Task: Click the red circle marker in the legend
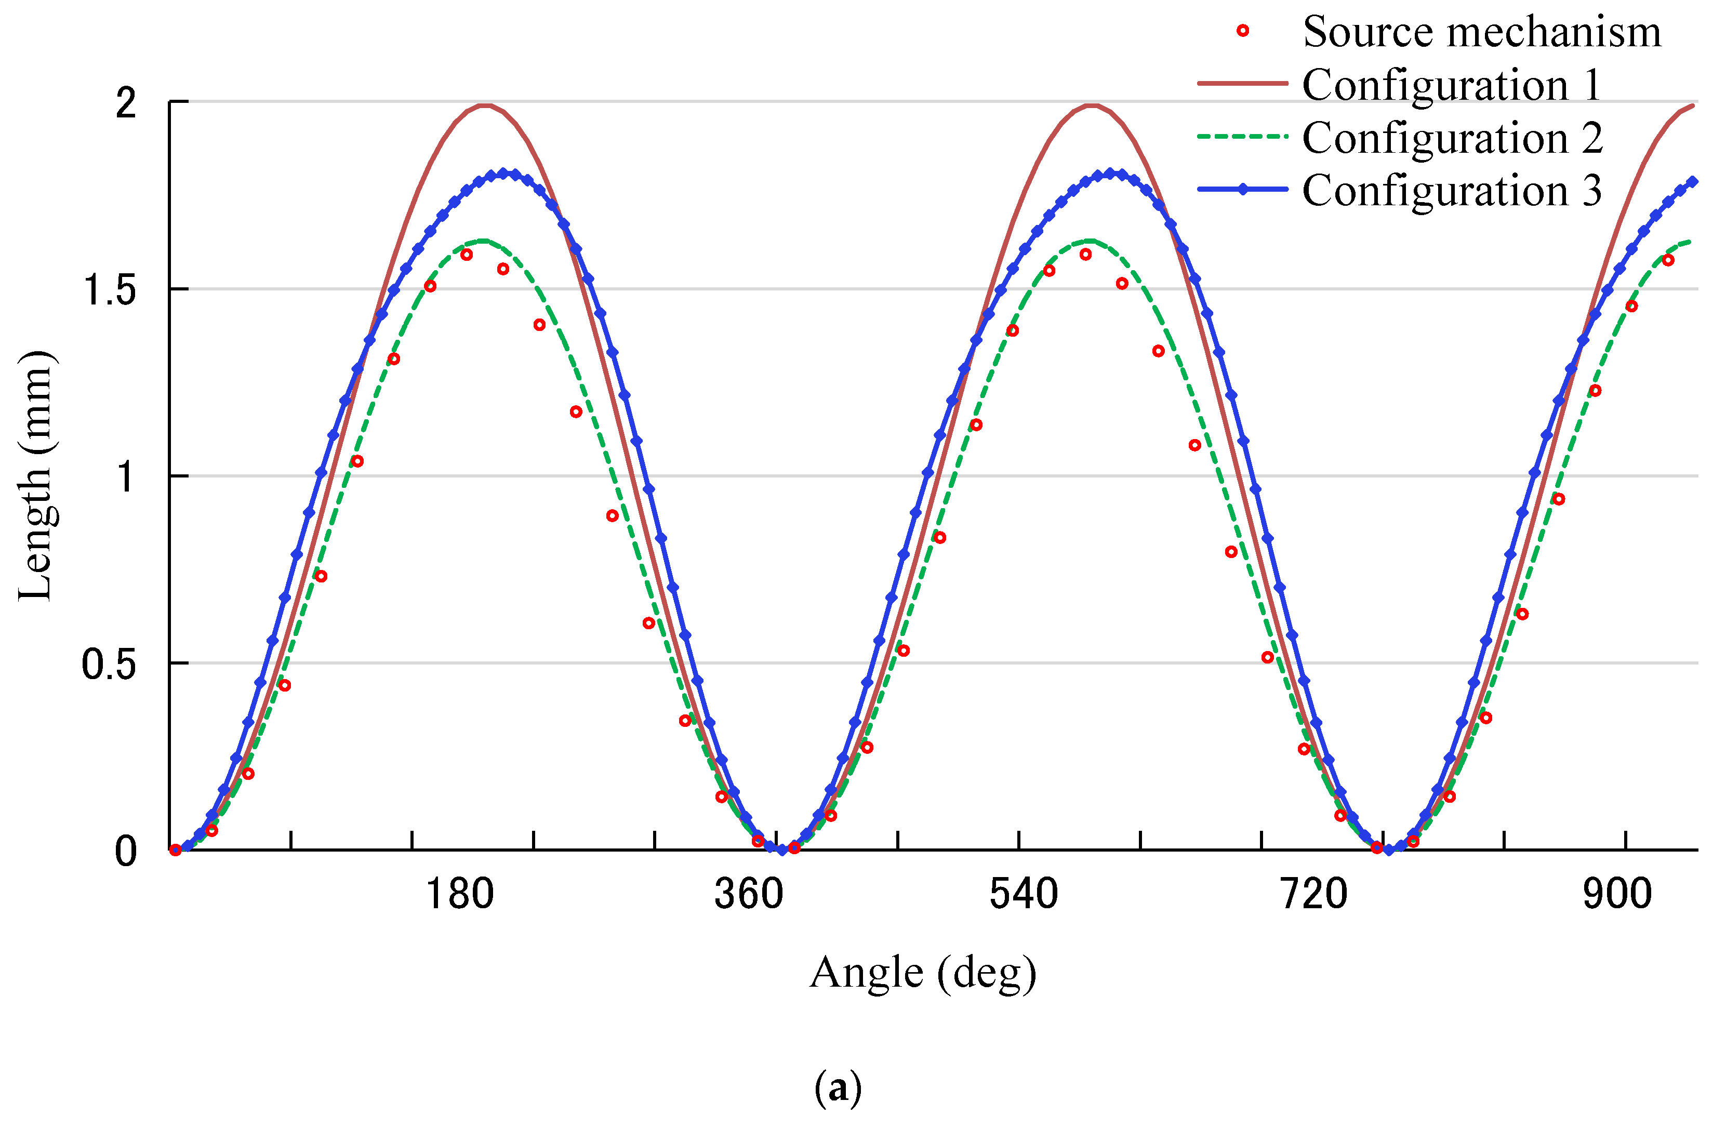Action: (x=1242, y=31)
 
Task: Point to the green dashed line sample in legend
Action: (x=1242, y=136)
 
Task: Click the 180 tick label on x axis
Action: (x=459, y=894)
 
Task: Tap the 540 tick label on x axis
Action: (x=1023, y=894)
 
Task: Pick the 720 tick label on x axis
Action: (x=1313, y=894)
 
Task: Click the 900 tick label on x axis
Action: (x=1617, y=894)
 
